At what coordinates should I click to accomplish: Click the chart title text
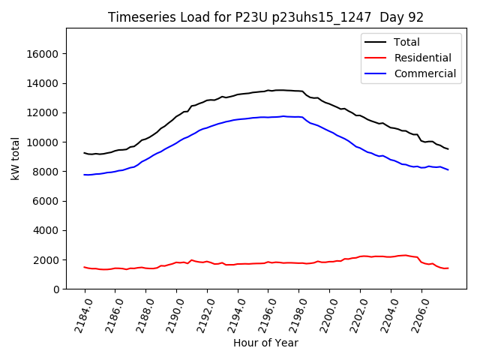pyautogui.click(x=265, y=16)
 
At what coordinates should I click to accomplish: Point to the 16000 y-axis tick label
pyautogui.click(x=43, y=54)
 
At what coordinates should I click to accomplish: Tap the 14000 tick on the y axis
pyautogui.click(x=43, y=83)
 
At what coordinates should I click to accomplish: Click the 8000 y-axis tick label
pyautogui.click(x=46, y=172)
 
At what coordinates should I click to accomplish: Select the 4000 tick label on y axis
pyautogui.click(x=46, y=230)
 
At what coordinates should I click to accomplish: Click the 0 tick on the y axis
pyautogui.click(x=56, y=289)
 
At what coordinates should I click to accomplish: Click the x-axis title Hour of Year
pyautogui.click(x=265, y=343)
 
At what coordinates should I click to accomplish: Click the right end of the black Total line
pyautogui.click(x=448, y=149)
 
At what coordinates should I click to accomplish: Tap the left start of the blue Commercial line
pyautogui.click(x=85, y=175)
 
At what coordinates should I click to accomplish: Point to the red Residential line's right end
pyautogui.click(x=448, y=268)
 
